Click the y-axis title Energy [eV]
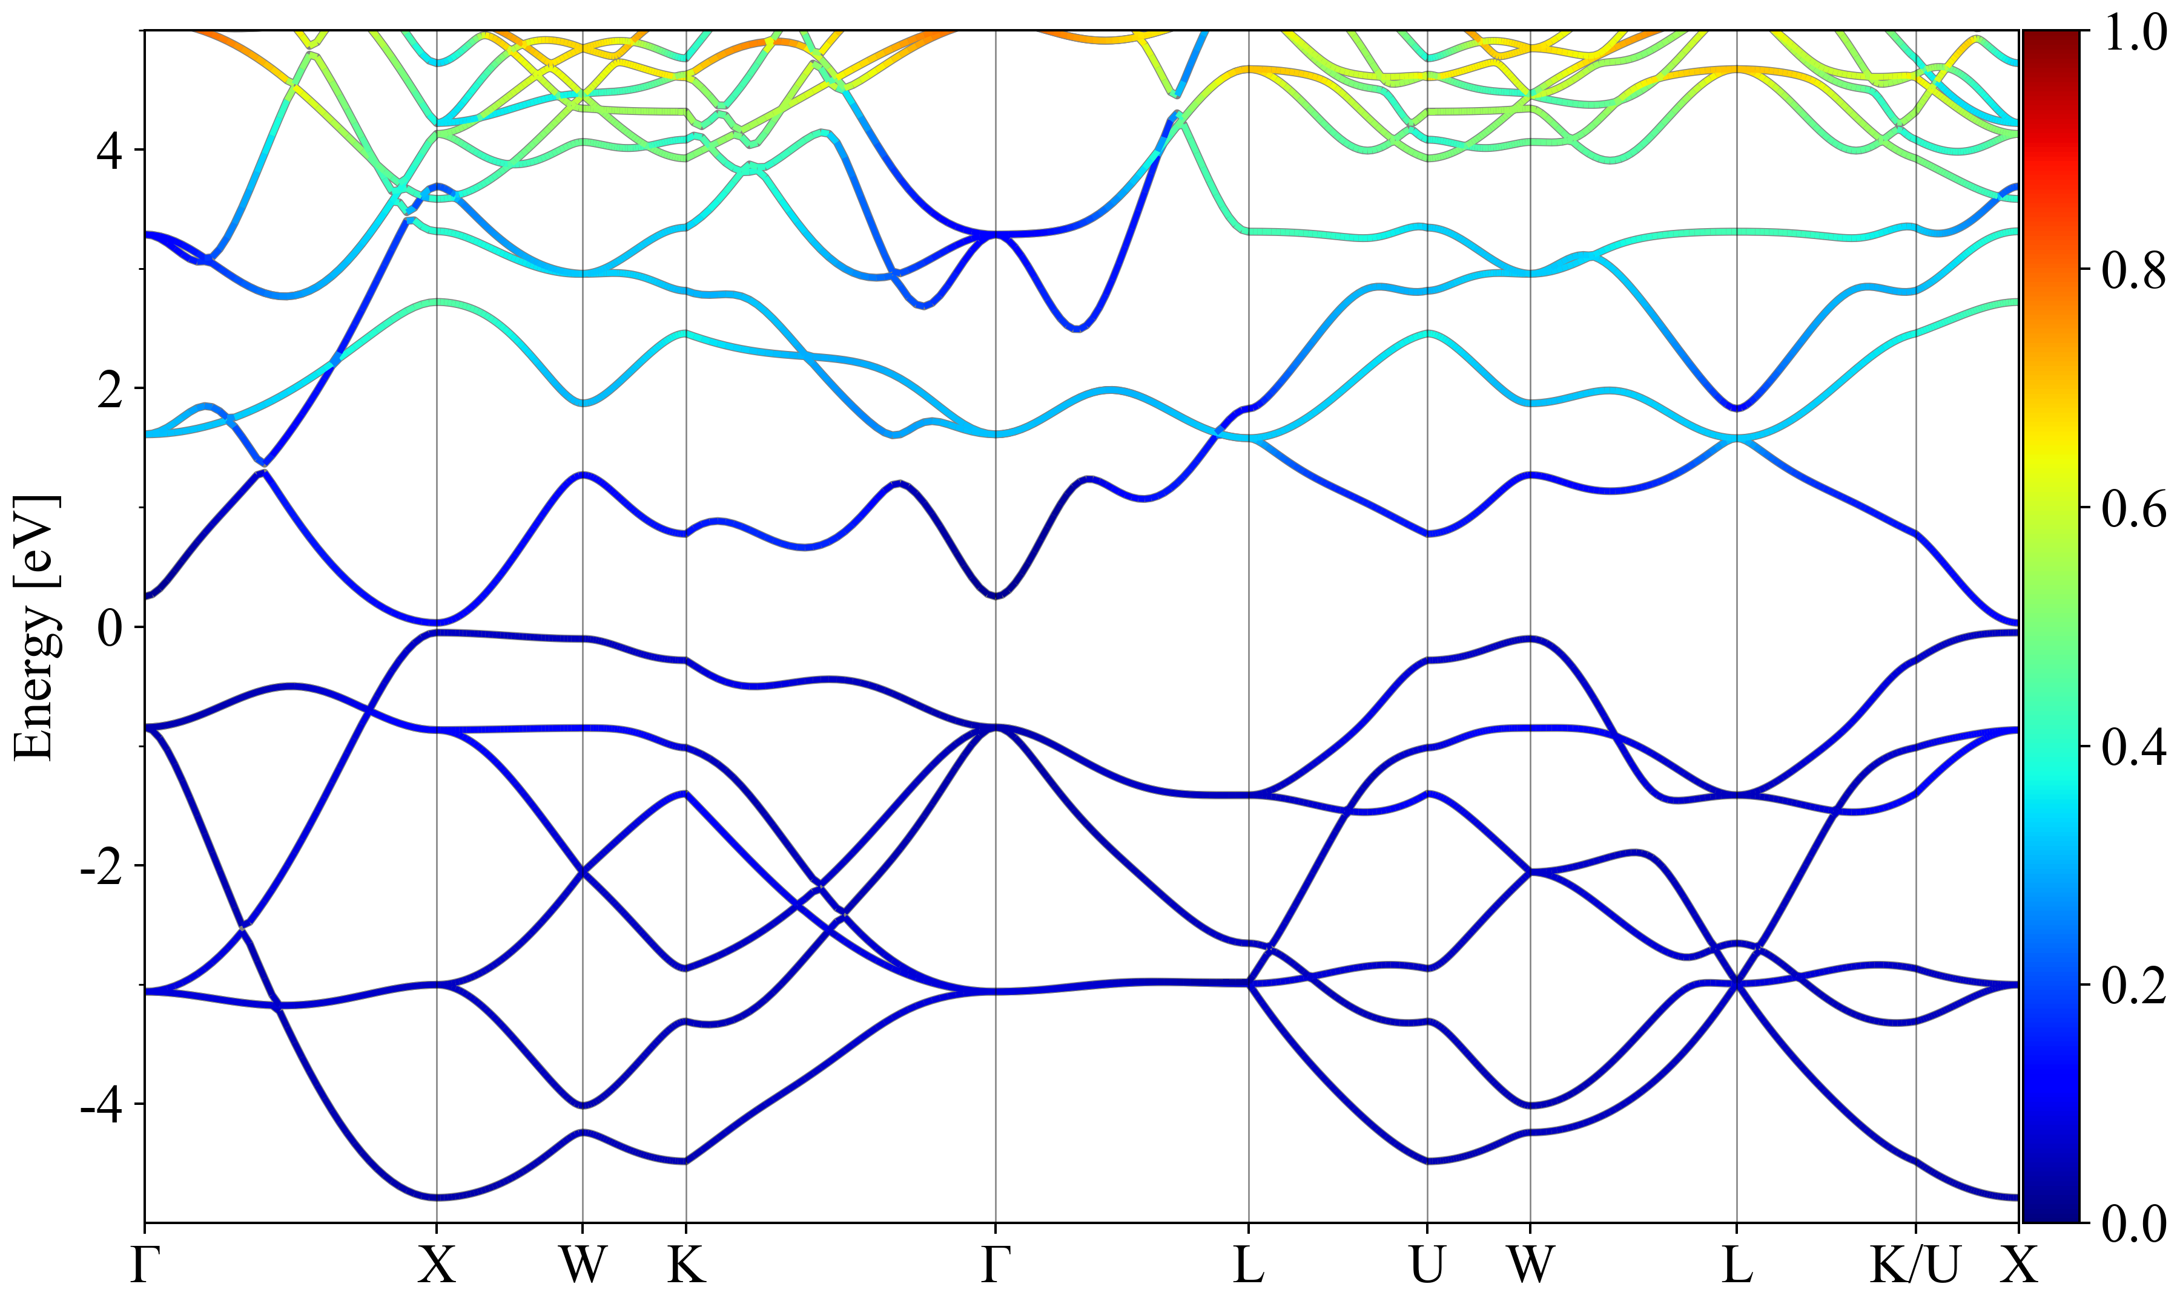[37, 627]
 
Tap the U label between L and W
[1427, 1266]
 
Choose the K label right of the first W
[687, 1266]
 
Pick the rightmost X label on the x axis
[2018, 1266]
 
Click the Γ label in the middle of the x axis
[995, 1266]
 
